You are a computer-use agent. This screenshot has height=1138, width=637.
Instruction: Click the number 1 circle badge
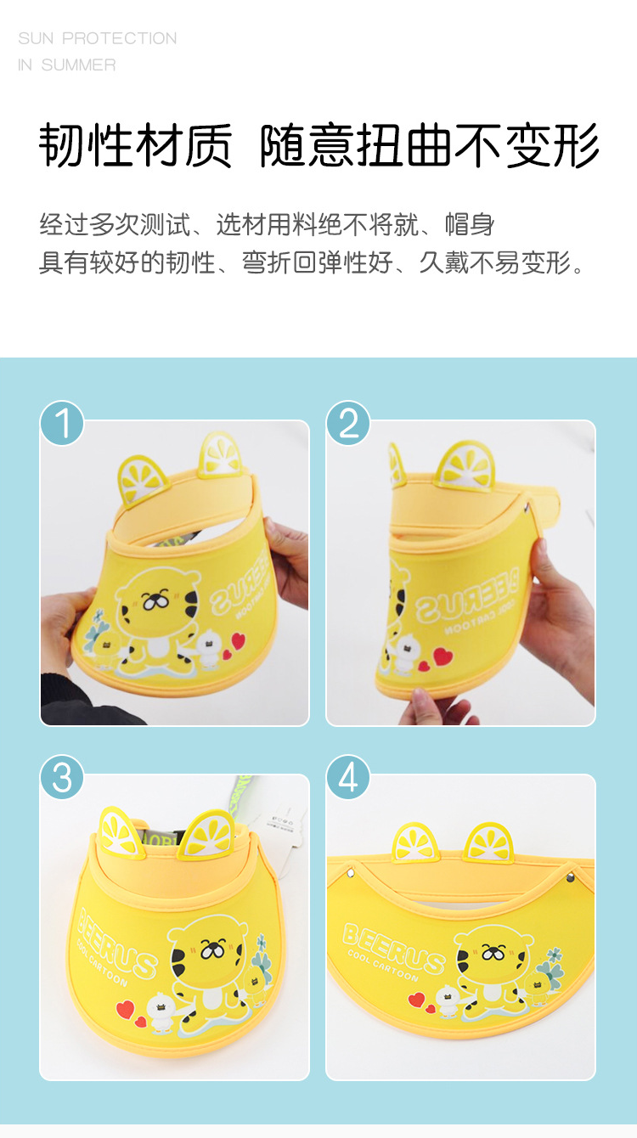pyautogui.click(x=62, y=423)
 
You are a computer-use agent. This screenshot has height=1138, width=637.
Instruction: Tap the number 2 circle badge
pyautogui.click(x=348, y=423)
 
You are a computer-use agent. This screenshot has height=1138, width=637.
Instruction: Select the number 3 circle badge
pyautogui.click(x=62, y=777)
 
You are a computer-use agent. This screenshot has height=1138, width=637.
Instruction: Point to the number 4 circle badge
pyautogui.click(x=348, y=777)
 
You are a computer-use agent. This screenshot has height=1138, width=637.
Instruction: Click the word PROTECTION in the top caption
pyautogui.click(x=120, y=38)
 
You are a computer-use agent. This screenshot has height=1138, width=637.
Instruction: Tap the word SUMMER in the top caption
pyautogui.click(x=78, y=65)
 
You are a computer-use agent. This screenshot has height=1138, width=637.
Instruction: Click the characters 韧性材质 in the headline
pyautogui.click(x=136, y=145)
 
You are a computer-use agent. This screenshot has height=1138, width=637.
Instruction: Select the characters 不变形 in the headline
pyautogui.click(x=527, y=145)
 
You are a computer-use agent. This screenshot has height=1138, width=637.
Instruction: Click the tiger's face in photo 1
pyautogui.click(x=157, y=602)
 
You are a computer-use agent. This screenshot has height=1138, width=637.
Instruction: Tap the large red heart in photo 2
pyautogui.click(x=443, y=656)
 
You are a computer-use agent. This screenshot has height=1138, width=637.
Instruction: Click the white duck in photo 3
pyautogui.click(x=161, y=1012)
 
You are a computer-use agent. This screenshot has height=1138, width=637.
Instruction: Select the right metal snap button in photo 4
pyautogui.click(x=571, y=877)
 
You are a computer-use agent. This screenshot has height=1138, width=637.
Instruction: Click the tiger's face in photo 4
pyautogui.click(x=493, y=951)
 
